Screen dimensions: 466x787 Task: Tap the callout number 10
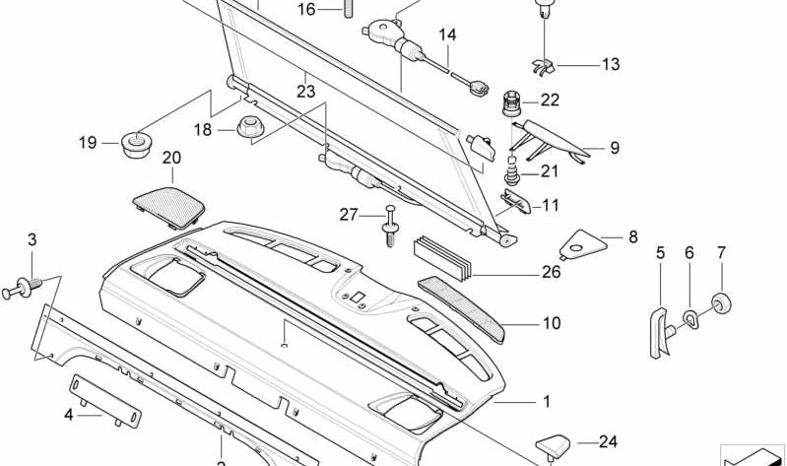[552, 322]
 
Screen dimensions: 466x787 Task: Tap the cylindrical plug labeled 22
[513, 100]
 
